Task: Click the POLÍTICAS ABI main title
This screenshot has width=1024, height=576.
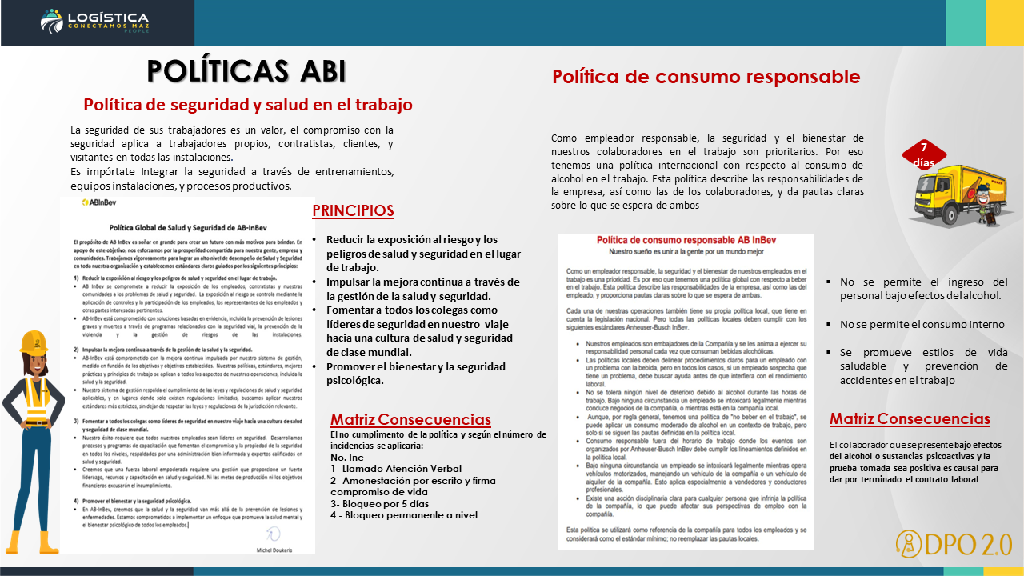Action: [x=246, y=71]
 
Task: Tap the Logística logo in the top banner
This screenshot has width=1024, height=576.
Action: [x=94, y=22]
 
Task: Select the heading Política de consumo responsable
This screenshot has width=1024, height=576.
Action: [x=706, y=77]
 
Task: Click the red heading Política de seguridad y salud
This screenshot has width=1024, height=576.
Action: [x=248, y=104]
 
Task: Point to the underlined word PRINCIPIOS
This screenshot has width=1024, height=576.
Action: [x=353, y=210]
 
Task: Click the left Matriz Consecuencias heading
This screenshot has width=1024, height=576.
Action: [x=410, y=420]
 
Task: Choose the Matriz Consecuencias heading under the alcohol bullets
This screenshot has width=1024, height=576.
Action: [x=910, y=418]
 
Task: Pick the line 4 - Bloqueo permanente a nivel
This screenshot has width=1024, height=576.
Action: [x=404, y=515]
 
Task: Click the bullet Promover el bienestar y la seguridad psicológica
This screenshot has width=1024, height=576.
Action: [x=416, y=373]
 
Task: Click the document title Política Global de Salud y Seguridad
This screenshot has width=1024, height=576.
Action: [x=187, y=226]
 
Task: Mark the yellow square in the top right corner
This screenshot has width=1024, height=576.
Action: [x=1004, y=22]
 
